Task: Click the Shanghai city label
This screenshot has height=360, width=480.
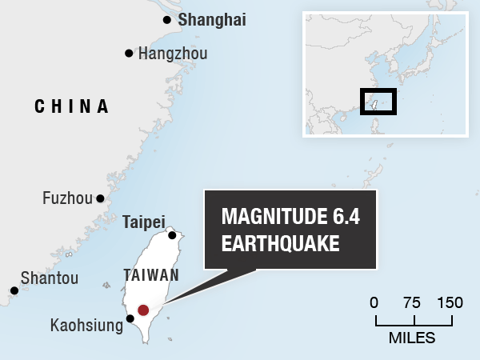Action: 212,20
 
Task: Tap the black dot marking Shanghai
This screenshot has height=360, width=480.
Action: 166,20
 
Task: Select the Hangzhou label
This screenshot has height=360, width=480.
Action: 173,54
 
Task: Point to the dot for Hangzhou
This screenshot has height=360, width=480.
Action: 128,54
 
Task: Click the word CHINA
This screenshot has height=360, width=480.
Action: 71,106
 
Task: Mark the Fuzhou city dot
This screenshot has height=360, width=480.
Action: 100,198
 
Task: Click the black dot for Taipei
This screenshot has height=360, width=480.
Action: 172,235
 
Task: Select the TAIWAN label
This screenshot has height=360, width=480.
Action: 151,275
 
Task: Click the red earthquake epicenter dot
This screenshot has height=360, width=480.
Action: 143,310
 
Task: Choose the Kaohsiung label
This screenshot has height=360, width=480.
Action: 86,326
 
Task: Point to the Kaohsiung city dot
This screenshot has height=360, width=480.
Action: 130,318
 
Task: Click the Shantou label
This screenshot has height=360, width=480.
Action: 49,278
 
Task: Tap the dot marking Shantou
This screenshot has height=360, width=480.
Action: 14,291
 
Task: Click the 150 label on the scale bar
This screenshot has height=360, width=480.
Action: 450,303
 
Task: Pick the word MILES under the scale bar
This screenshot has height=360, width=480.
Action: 412,338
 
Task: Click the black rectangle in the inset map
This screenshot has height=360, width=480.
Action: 378,102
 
